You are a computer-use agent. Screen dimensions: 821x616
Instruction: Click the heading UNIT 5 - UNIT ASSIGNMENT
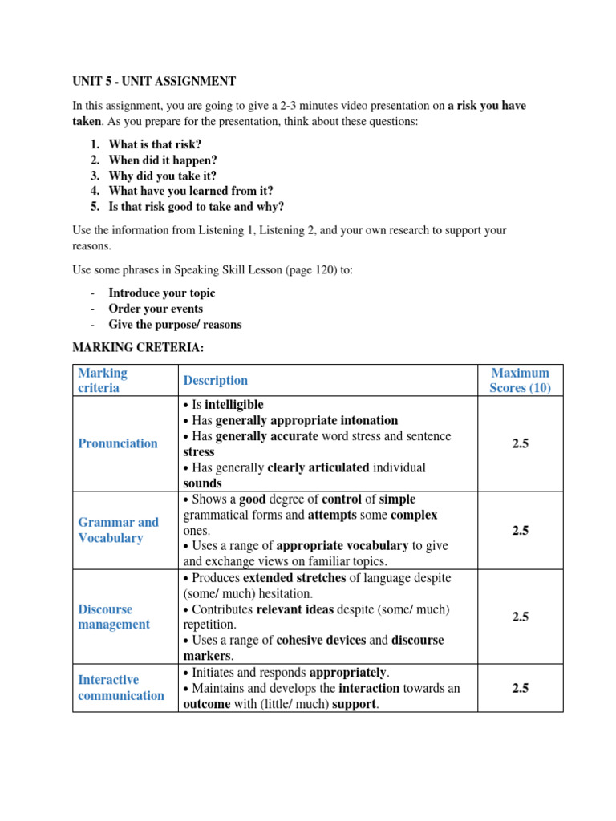click(154, 81)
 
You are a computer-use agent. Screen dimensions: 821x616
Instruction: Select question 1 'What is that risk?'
click(155, 144)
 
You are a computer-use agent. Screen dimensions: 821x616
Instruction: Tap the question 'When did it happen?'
click(163, 160)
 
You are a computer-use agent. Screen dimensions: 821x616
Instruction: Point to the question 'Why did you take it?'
click(162, 176)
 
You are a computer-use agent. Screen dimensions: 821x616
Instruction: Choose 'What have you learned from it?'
click(191, 191)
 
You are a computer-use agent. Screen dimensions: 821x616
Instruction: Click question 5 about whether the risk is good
click(196, 206)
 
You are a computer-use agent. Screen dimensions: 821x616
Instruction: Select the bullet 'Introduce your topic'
click(162, 293)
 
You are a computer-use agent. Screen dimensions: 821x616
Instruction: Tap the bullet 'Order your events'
click(156, 309)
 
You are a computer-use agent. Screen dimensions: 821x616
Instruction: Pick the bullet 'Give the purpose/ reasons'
click(175, 324)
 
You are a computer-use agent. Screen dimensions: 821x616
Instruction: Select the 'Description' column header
click(216, 380)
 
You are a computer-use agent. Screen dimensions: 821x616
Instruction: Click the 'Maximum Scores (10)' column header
click(520, 380)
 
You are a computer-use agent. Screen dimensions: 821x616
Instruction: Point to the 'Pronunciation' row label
click(118, 443)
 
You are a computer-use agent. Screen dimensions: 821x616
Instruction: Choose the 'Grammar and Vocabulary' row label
click(119, 530)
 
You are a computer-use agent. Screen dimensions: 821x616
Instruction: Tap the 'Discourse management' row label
click(114, 617)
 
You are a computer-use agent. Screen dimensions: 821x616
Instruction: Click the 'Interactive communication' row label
click(120, 687)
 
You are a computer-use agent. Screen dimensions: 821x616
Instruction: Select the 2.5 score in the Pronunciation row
click(520, 443)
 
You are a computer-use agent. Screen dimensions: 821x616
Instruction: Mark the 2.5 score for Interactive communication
click(520, 687)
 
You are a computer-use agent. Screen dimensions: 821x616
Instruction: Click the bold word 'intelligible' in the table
click(234, 405)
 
